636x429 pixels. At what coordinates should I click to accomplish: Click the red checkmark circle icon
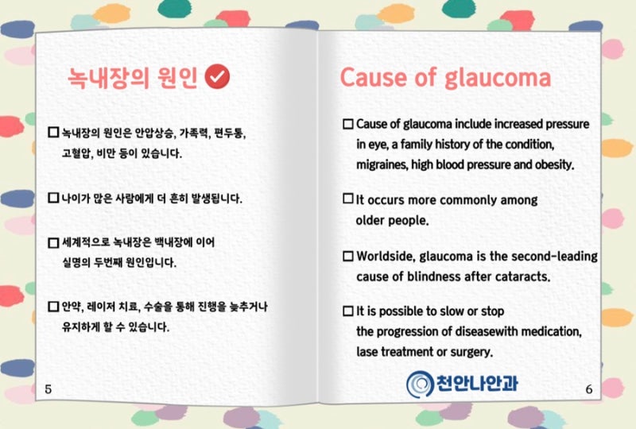click(x=217, y=76)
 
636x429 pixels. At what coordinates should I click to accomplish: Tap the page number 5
click(x=48, y=389)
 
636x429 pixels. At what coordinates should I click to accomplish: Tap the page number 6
click(x=589, y=389)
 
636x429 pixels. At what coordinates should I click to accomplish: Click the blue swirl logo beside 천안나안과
click(x=420, y=384)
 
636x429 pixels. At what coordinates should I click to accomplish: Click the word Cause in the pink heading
click(x=374, y=77)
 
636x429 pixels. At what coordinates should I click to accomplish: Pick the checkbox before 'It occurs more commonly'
click(x=348, y=199)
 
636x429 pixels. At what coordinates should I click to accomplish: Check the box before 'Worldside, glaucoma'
click(x=348, y=257)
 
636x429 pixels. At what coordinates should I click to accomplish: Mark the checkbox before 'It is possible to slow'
click(x=348, y=311)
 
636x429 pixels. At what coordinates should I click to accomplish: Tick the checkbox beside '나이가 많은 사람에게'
click(x=53, y=198)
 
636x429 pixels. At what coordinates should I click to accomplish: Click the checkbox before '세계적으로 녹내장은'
click(x=53, y=242)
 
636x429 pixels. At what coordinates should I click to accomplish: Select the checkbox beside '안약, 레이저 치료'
click(x=53, y=306)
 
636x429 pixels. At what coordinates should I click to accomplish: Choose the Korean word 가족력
click(x=194, y=133)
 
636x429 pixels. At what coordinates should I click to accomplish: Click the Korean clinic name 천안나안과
click(x=477, y=383)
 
